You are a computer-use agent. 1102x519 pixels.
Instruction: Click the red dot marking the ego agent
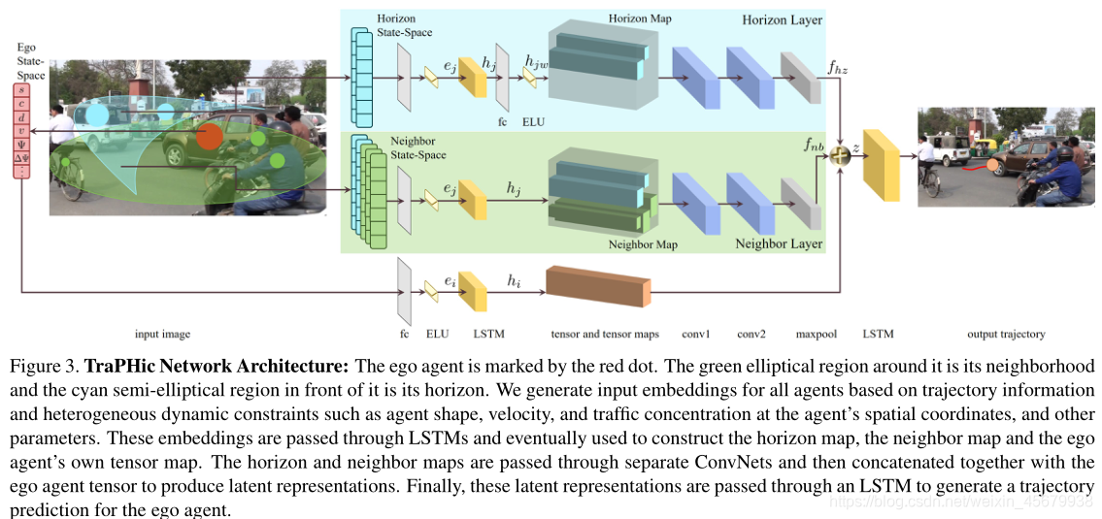tap(209, 137)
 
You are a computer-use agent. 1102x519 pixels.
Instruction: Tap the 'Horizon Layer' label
tap(782, 19)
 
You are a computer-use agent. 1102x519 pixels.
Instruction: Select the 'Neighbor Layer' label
tap(779, 243)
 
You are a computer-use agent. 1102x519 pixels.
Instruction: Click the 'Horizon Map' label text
tap(639, 18)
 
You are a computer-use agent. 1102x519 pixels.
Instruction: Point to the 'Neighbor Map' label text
tap(643, 244)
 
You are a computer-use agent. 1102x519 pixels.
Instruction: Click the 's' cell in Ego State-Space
tap(21, 91)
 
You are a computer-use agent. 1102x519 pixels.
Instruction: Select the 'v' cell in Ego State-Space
tap(21, 129)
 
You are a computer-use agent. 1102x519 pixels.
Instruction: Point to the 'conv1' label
tap(696, 334)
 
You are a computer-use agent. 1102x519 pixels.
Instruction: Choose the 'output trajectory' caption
tap(1006, 334)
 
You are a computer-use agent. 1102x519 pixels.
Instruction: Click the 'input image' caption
tap(162, 334)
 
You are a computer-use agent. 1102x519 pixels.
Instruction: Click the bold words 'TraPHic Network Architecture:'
tap(217, 367)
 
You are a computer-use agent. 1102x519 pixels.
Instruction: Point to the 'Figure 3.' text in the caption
tap(44, 367)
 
